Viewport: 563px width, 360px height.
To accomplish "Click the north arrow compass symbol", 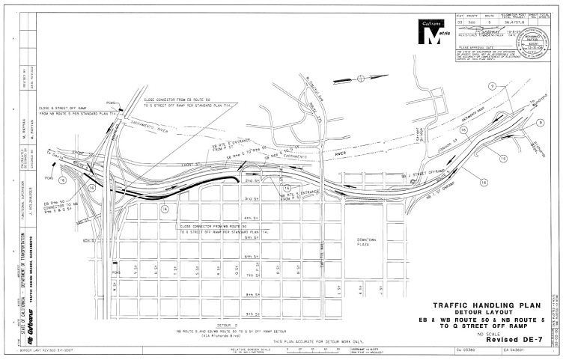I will tap(361, 77).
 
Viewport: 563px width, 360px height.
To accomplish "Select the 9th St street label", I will tap(252, 314).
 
